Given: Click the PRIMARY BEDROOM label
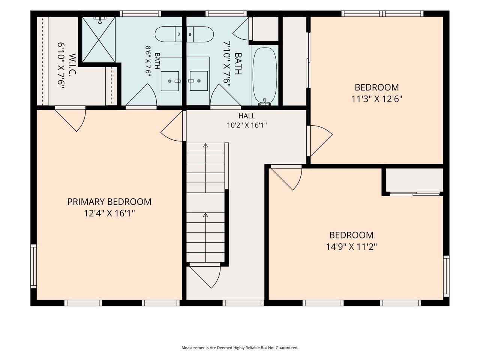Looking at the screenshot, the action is (x=109, y=201).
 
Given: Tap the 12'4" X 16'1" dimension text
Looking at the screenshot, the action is (x=109, y=213).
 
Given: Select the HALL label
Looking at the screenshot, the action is (x=247, y=115).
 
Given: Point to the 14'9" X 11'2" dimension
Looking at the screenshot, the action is (x=351, y=247).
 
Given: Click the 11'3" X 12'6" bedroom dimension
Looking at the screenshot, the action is (x=376, y=99).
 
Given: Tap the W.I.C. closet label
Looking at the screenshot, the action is (x=72, y=65).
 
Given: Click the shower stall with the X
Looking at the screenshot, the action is (x=99, y=40).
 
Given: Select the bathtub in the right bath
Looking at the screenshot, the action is (x=265, y=76).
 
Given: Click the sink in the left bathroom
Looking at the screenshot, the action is (x=170, y=81).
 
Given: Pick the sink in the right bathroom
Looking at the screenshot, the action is (x=198, y=81).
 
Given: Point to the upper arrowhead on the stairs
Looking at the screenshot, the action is (x=205, y=145).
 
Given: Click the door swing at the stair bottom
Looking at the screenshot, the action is (x=205, y=275).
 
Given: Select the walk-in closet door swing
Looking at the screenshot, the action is (x=70, y=119).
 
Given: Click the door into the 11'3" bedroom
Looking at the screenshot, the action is (x=319, y=141).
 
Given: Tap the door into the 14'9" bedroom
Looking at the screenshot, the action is (x=286, y=178).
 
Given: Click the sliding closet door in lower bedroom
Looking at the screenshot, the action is (x=415, y=193).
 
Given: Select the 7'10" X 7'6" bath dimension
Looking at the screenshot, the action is (x=227, y=65).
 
